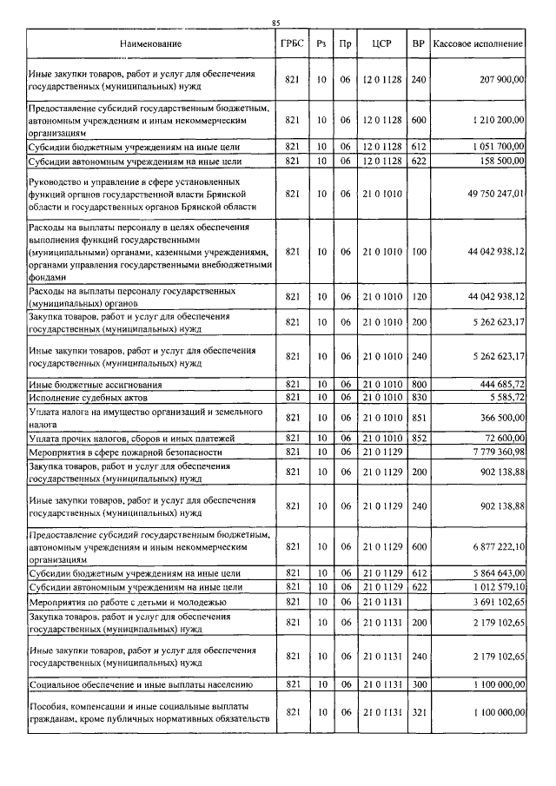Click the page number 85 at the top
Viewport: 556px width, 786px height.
point(276,23)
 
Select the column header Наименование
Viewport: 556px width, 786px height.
point(150,43)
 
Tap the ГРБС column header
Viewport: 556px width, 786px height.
point(292,43)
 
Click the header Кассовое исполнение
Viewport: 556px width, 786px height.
point(478,43)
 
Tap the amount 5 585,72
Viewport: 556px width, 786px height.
point(504,397)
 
